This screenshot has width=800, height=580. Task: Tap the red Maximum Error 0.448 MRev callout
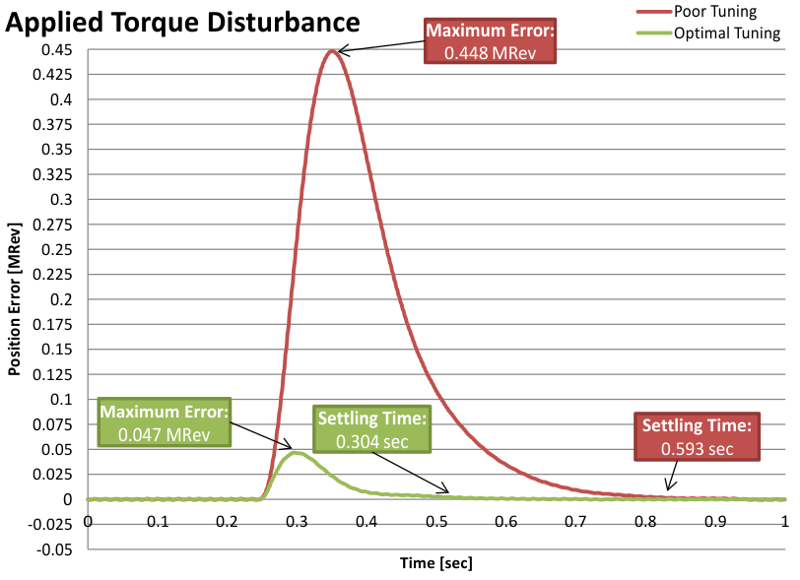[491, 42]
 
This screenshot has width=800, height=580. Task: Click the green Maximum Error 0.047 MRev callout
[165, 421]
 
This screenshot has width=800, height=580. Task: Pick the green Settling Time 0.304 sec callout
[371, 430]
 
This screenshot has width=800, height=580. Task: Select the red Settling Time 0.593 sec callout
[697, 436]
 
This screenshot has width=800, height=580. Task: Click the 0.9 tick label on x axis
[715, 520]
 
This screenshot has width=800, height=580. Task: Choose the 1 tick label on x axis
[784, 520]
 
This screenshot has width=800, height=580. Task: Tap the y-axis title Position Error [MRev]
[16, 298]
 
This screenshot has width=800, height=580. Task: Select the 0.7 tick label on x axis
[575, 520]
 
